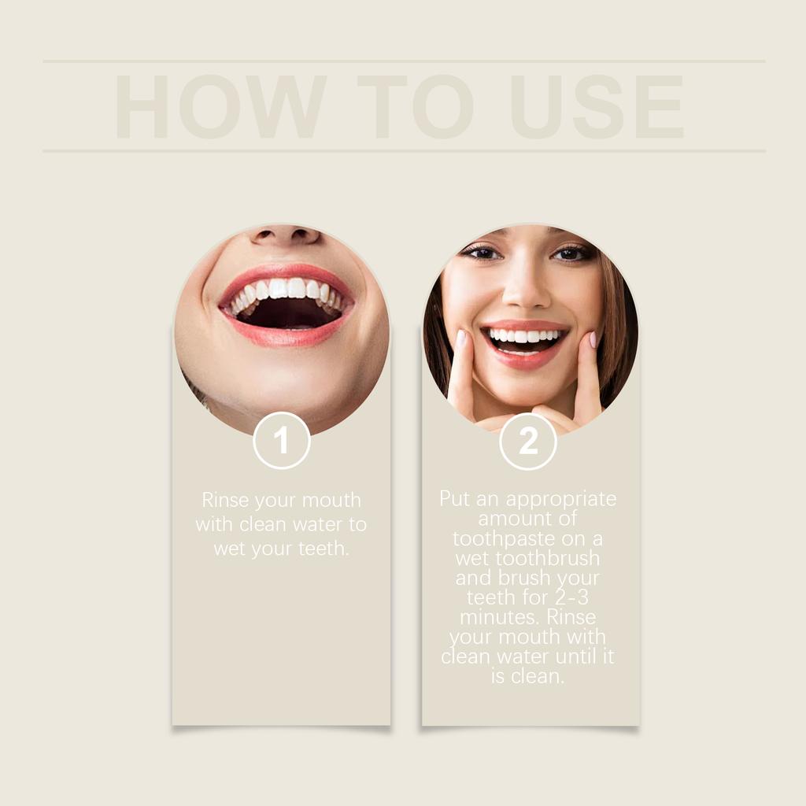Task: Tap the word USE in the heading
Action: (x=596, y=107)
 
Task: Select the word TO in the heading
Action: (x=415, y=107)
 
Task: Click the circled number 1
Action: (x=282, y=441)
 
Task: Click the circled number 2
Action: (x=528, y=441)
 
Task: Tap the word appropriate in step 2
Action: (x=561, y=499)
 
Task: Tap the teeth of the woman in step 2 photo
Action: (x=524, y=336)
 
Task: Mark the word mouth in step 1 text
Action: (x=331, y=500)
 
